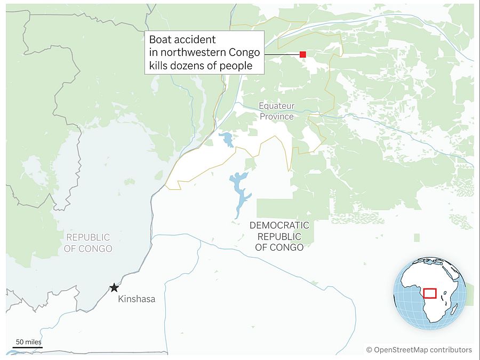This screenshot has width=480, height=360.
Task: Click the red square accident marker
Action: click(302, 54)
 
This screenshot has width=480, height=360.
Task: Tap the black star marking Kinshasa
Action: click(114, 288)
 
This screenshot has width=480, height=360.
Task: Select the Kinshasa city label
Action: click(137, 299)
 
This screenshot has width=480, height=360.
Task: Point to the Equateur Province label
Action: click(276, 111)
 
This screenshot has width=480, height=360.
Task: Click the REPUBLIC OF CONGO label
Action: click(88, 243)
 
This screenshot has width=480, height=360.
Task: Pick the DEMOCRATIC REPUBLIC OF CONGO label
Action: click(279, 236)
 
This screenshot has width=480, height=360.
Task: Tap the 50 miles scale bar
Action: click(27, 347)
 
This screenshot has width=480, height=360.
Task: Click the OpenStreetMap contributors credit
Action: click(419, 350)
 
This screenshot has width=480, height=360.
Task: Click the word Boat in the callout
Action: click(160, 39)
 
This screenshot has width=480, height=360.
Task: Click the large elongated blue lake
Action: click(240, 192)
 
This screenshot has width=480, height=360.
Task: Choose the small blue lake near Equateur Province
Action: click(226, 139)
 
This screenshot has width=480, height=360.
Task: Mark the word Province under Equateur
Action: click(276, 116)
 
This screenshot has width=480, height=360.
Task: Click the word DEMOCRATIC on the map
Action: click(279, 225)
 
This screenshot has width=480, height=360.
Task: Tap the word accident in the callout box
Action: click(197, 39)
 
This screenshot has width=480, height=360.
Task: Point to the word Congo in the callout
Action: click(247, 53)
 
